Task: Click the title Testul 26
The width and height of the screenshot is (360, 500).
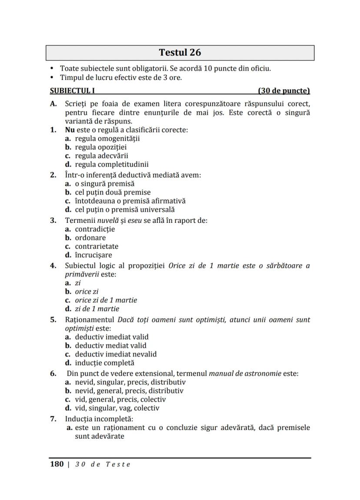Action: tap(180, 53)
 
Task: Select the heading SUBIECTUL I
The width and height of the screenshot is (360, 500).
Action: tap(73, 91)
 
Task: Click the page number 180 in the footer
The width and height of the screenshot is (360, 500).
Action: tap(57, 464)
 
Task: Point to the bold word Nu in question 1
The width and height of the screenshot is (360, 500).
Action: tap(70, 130)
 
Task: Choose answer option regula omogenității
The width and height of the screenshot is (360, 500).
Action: tap(107, 139)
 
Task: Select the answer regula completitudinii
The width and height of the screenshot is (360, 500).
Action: tap(112, 165)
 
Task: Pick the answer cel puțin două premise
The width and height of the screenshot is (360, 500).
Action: tap(113, 192)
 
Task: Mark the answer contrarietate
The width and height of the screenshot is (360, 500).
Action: tap(97, 246)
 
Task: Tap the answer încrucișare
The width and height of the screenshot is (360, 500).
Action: tap(93, 255)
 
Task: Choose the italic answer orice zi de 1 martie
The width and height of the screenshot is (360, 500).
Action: tap(106, 300)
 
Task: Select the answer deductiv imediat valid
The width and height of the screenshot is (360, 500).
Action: tap(112, 337)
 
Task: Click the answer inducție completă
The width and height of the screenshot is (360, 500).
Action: tap(104, 363)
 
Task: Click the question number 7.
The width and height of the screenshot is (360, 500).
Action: tap(53, 419)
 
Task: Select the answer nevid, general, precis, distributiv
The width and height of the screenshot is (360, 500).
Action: tap(129, 391)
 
